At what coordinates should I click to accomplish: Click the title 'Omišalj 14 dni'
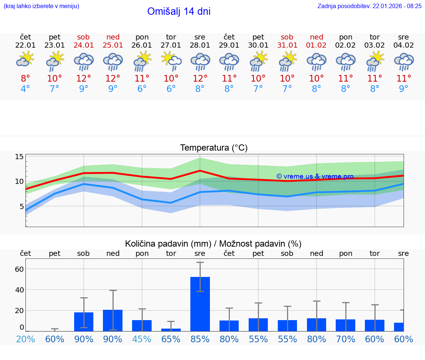pyautogui.click(x=179, y=11)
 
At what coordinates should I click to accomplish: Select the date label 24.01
pyautogui.click(x=84, y=45)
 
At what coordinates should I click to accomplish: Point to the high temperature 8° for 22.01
pyautogui.click(x=25, y=78)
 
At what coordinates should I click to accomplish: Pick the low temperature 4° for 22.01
pyautogui.click(x=25, y=89)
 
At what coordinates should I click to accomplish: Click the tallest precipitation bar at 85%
pyautogui.click(x=200, y=304)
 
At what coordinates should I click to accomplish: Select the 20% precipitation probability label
pyautogui.click(x=25, y=339)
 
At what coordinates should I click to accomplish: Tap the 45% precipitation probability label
pyautogui.click(x=142, y=339)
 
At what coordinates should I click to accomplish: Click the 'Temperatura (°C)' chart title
pyautogui.click(x=214, y=148)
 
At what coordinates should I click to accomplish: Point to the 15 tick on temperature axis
pyautogui.click(x=19, y=157)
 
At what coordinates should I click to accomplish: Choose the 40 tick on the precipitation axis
pyautogui.click(x=19, y=289)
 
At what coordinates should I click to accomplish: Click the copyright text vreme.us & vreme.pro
pyautogui.click(x=315, y=176)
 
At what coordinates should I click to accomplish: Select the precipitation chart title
pyautogui.click(x=213, y=244)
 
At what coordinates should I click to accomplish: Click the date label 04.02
pyautogui.click(x=404, y=45)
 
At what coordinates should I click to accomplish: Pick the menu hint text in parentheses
pyautogui.click(x=41, y=6)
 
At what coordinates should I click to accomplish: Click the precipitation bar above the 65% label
pyautogui.click(x=171, y=329)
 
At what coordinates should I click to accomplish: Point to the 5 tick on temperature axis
pyautogui.click(x=21, y=206)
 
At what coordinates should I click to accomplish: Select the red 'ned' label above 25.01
pyautogui.click(x=113, y=37)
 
